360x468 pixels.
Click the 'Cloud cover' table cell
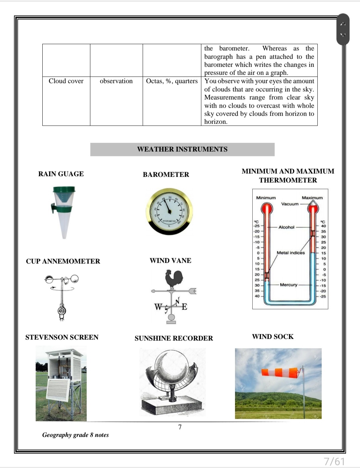pos(66,81)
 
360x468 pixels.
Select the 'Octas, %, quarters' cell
pos(172,81)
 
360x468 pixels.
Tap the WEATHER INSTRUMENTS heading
pos(182,149)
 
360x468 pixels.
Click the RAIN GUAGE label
pos(61,174)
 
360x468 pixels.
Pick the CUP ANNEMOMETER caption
pos(63,261)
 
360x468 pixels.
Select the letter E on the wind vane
pos(184,307)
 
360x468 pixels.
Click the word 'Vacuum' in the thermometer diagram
pos(290,204)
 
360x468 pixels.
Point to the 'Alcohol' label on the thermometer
pos(286,227)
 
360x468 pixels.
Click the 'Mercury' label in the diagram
pos(289,285)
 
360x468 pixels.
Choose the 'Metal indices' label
pos(291,253)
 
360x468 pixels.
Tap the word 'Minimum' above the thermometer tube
pos(266,198)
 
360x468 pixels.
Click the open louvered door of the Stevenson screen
pos(59,390)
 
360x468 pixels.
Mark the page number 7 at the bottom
pos(180,427)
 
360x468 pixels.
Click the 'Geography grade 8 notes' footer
pos(76,435)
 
